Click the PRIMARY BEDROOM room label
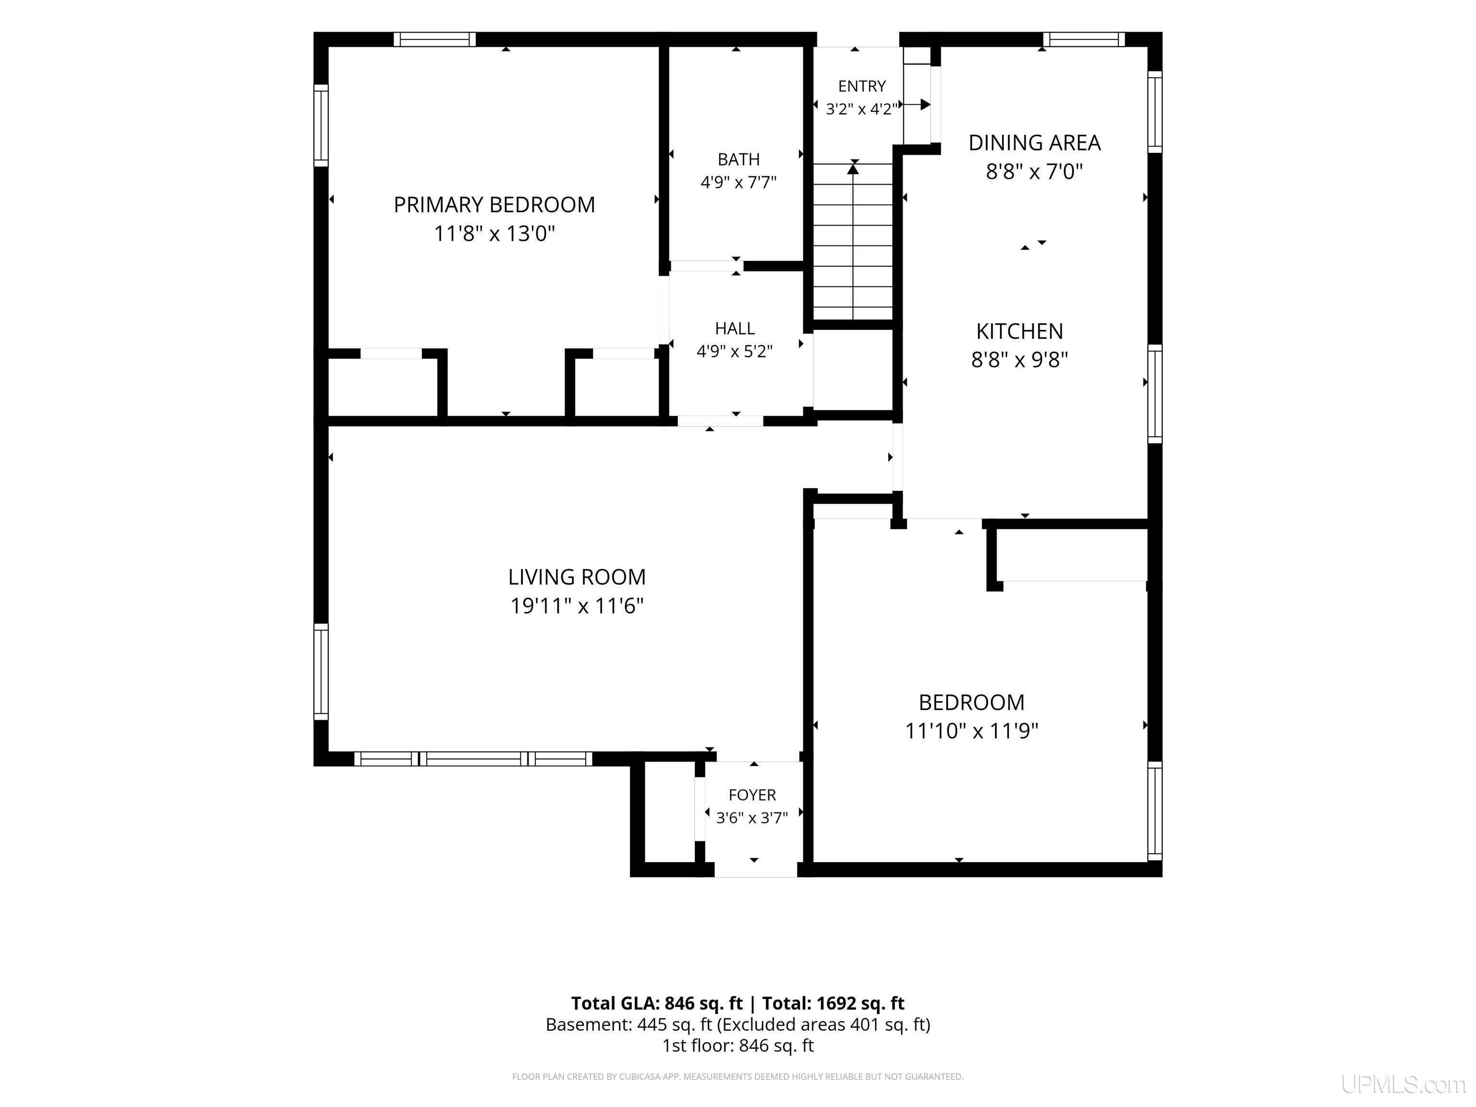tap(494, 205)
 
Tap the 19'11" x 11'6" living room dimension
tap(577, 606)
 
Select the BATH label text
tap(738, 160)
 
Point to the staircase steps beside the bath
tap(853, 242)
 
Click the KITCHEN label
tap(1020, 331)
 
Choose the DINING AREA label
tap(1034, 143)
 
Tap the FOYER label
tap(752, 795)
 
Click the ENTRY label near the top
tap(862, 86)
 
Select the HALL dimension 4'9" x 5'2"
tap(735, 351)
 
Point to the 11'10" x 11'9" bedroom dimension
tap(972, 731)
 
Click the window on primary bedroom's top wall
tap(434, 39)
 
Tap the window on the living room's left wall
tap(321, 672)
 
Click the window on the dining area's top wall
tap(1084, 39)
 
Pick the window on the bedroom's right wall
tap(1155, 811)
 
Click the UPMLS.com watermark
tap(1403, 1084)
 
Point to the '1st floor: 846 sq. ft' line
tap(738, 1045)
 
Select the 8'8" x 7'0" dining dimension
tap(1034, 172)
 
